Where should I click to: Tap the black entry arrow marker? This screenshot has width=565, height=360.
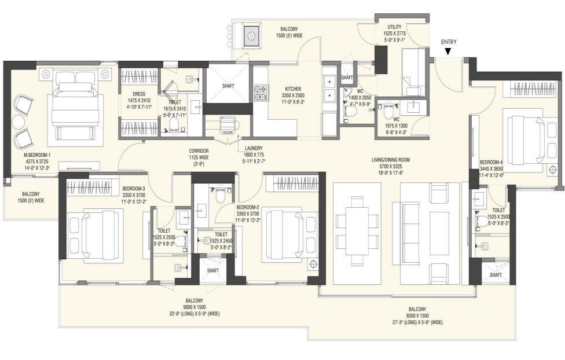tap(448, 52)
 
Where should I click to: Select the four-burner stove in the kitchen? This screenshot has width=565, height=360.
tap(259, 90)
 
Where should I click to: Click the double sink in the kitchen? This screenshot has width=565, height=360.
tap(329, 88)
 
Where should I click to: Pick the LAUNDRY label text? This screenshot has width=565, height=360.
tap(254, 148)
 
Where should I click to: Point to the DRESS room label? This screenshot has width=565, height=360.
tap(138, 94)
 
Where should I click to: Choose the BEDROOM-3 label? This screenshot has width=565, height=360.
tap(134, 189)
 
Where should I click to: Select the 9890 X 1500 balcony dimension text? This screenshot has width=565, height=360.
tap(194, 307)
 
